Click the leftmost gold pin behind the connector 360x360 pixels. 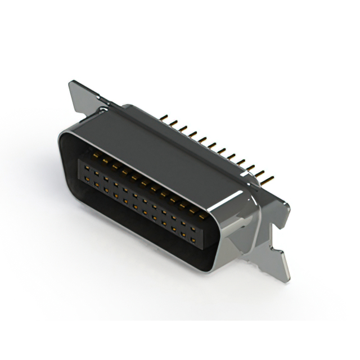(x=163, y=119)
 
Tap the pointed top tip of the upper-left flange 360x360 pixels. (x=71, y=83)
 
